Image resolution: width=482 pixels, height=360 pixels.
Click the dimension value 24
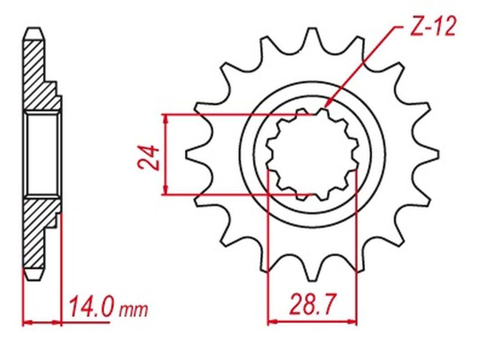(x=149, y=157)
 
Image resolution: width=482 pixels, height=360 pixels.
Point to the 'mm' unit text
(x=134, y=310)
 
